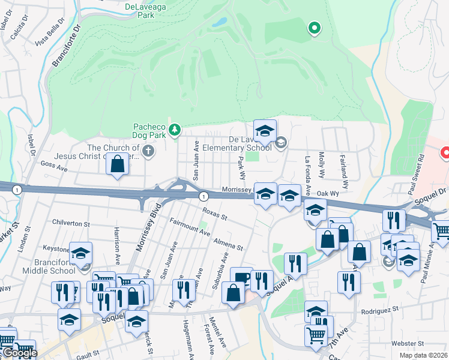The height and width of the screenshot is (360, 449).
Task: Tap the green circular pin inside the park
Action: coord(313,28)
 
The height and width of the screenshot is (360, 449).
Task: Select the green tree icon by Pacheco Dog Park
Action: coord(174,129)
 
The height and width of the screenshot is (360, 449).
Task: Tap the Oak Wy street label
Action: coord(328,194)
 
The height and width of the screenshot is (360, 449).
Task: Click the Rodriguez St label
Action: coord(380,310)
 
